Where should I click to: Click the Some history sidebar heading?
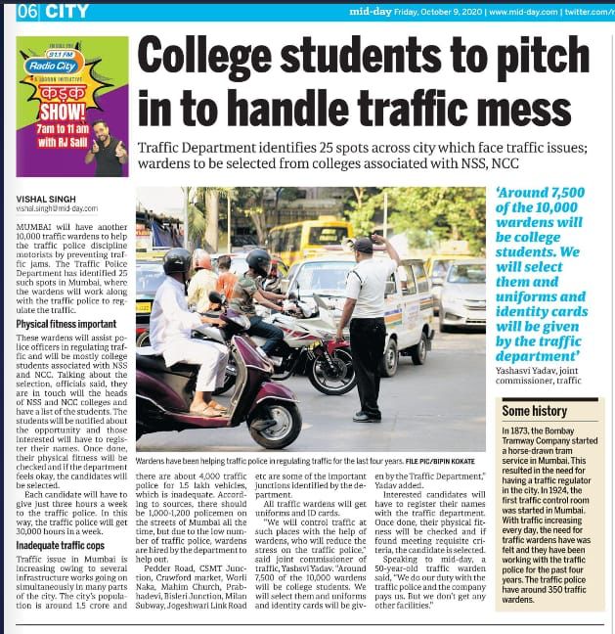(x=535, y=411)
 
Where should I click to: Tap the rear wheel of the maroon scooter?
(x=275, y=422)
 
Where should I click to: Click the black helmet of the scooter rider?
(x=178, y=262)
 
